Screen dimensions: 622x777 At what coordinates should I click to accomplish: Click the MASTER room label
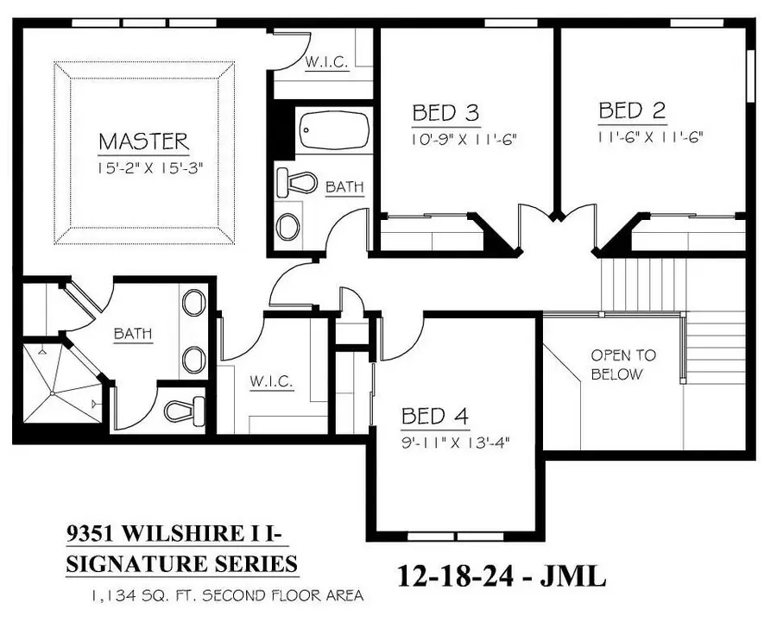coord(143,140)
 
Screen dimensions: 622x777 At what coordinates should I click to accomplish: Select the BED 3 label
coord(445,113)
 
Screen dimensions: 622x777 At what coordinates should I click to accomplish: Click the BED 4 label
coord(435,418)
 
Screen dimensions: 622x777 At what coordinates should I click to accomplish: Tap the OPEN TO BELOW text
coord(623,364)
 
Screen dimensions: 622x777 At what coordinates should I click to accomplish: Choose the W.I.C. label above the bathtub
coord(327,62)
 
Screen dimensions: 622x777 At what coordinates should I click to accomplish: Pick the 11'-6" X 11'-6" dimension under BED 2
coord(650,135)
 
